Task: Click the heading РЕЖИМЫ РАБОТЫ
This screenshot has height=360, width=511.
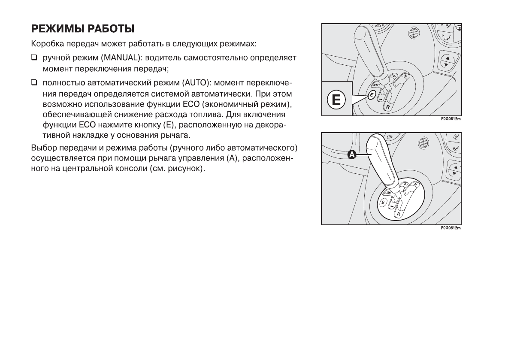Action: pos(83,29)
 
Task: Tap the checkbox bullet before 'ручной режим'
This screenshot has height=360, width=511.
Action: pos(34,57)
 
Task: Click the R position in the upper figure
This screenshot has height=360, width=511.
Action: pos(387,107)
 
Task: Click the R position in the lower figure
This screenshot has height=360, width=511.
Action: pos(398,213)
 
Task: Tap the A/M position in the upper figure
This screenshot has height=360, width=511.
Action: pos(374,85)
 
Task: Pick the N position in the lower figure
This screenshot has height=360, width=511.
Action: pos(416,185)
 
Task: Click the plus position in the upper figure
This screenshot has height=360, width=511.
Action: pos(394,77)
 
